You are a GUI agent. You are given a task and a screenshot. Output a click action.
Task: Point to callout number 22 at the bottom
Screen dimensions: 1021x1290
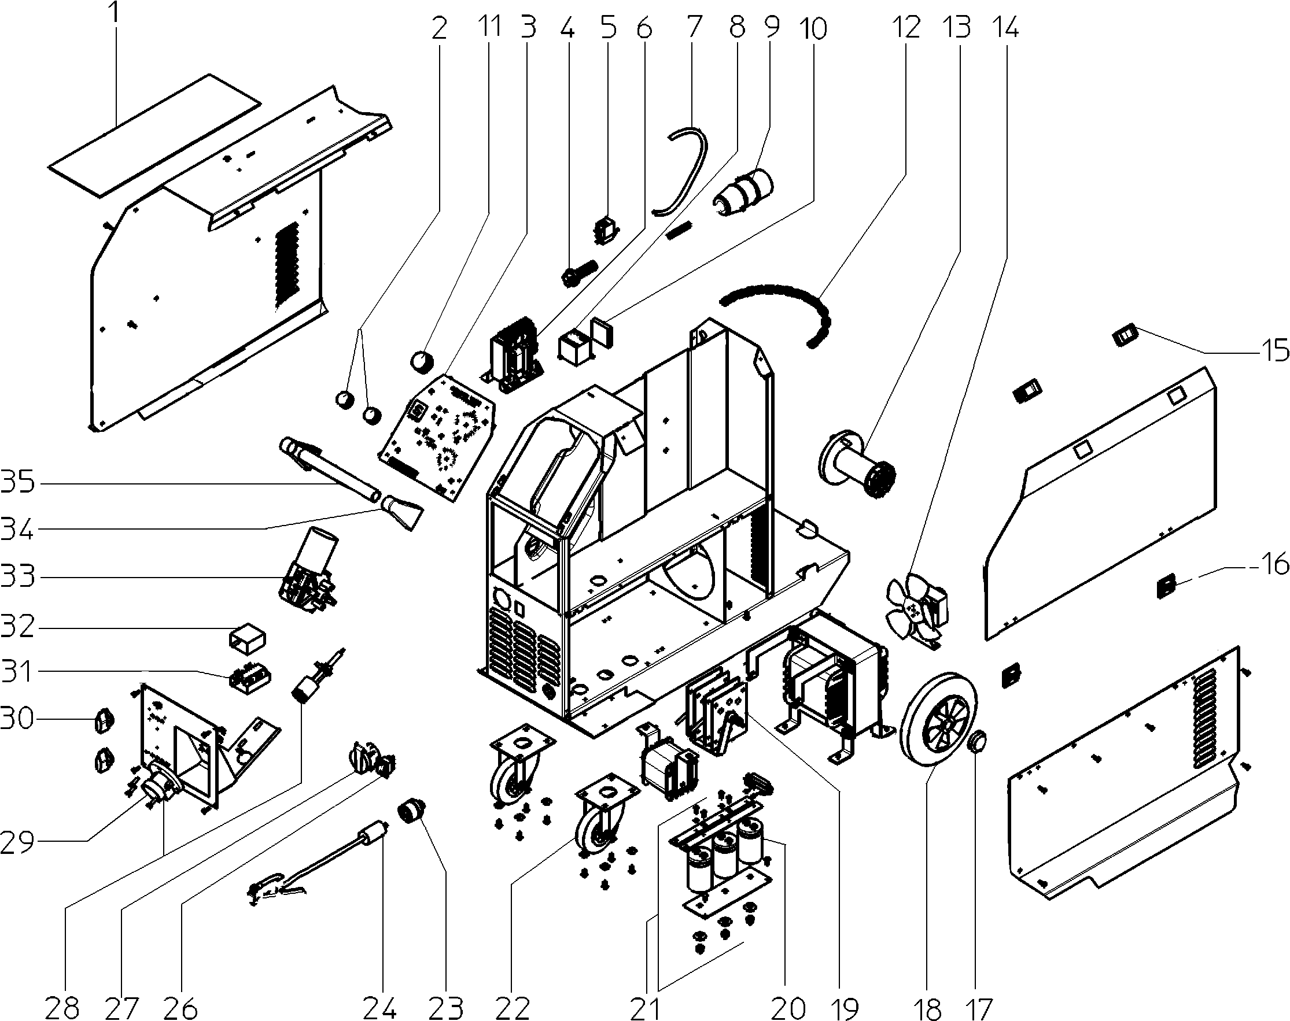click(513, 1007)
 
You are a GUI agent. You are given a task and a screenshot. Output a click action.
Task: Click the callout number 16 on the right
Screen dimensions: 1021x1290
click(1274, 564)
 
